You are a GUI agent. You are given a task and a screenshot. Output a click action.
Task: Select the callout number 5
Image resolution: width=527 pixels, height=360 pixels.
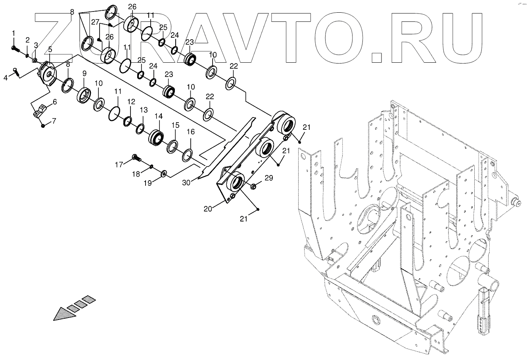[50, 49]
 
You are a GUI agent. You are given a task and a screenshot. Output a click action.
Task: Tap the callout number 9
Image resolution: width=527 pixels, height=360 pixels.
[84, 73]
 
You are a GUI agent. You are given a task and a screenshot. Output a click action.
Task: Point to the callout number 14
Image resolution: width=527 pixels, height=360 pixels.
[159, 116]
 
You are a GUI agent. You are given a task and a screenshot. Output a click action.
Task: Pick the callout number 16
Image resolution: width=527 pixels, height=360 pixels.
[191, 132]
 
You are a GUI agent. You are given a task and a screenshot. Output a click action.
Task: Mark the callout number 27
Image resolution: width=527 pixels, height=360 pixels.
[95, 23]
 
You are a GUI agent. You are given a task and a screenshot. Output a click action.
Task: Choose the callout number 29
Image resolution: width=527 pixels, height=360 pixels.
[269, 179]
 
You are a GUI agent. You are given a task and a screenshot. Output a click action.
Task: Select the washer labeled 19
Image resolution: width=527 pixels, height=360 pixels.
[163, 173]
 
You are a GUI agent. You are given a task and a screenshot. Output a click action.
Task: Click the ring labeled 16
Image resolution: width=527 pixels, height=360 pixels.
[187, 155]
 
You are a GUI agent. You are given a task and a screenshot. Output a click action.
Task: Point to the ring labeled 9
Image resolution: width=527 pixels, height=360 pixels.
[85, 95]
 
